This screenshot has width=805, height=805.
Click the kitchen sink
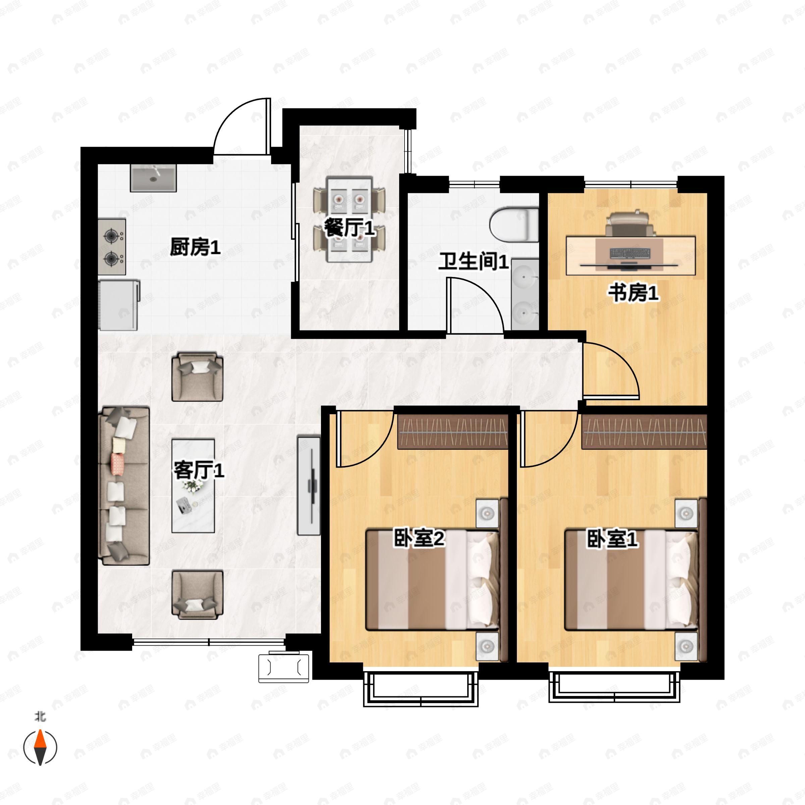(x=153, y=177)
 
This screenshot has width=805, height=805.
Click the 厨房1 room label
(x=195, y=248)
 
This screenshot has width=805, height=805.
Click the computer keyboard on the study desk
(x=630, y=253)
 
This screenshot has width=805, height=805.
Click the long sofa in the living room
(x=124, y=486)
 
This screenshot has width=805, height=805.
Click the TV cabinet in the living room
(x=309, y=486)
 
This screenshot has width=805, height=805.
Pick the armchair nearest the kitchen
(x=197, y=376)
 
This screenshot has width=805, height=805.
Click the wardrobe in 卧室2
(x=452, y=432)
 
